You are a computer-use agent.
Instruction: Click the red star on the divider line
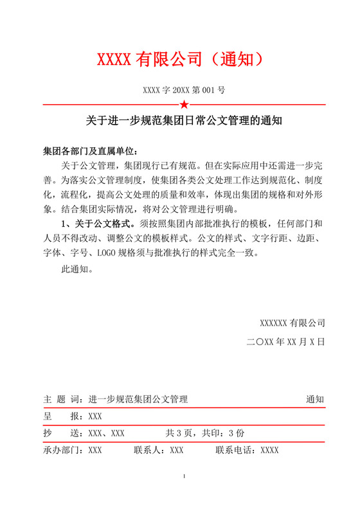[x=184, y=104]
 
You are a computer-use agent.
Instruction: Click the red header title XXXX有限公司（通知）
[x=179, y=60]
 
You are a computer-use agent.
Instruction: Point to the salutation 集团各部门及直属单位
[x=90, y=152]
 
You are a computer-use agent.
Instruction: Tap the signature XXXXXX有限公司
[x=292, y=323]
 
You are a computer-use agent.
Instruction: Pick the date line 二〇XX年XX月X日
[x=286, y=342]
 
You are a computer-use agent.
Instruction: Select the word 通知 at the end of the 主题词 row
[x=315, y=399]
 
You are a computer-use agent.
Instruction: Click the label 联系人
[x=148, y=451]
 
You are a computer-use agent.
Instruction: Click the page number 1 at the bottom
[x=184, y=476]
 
